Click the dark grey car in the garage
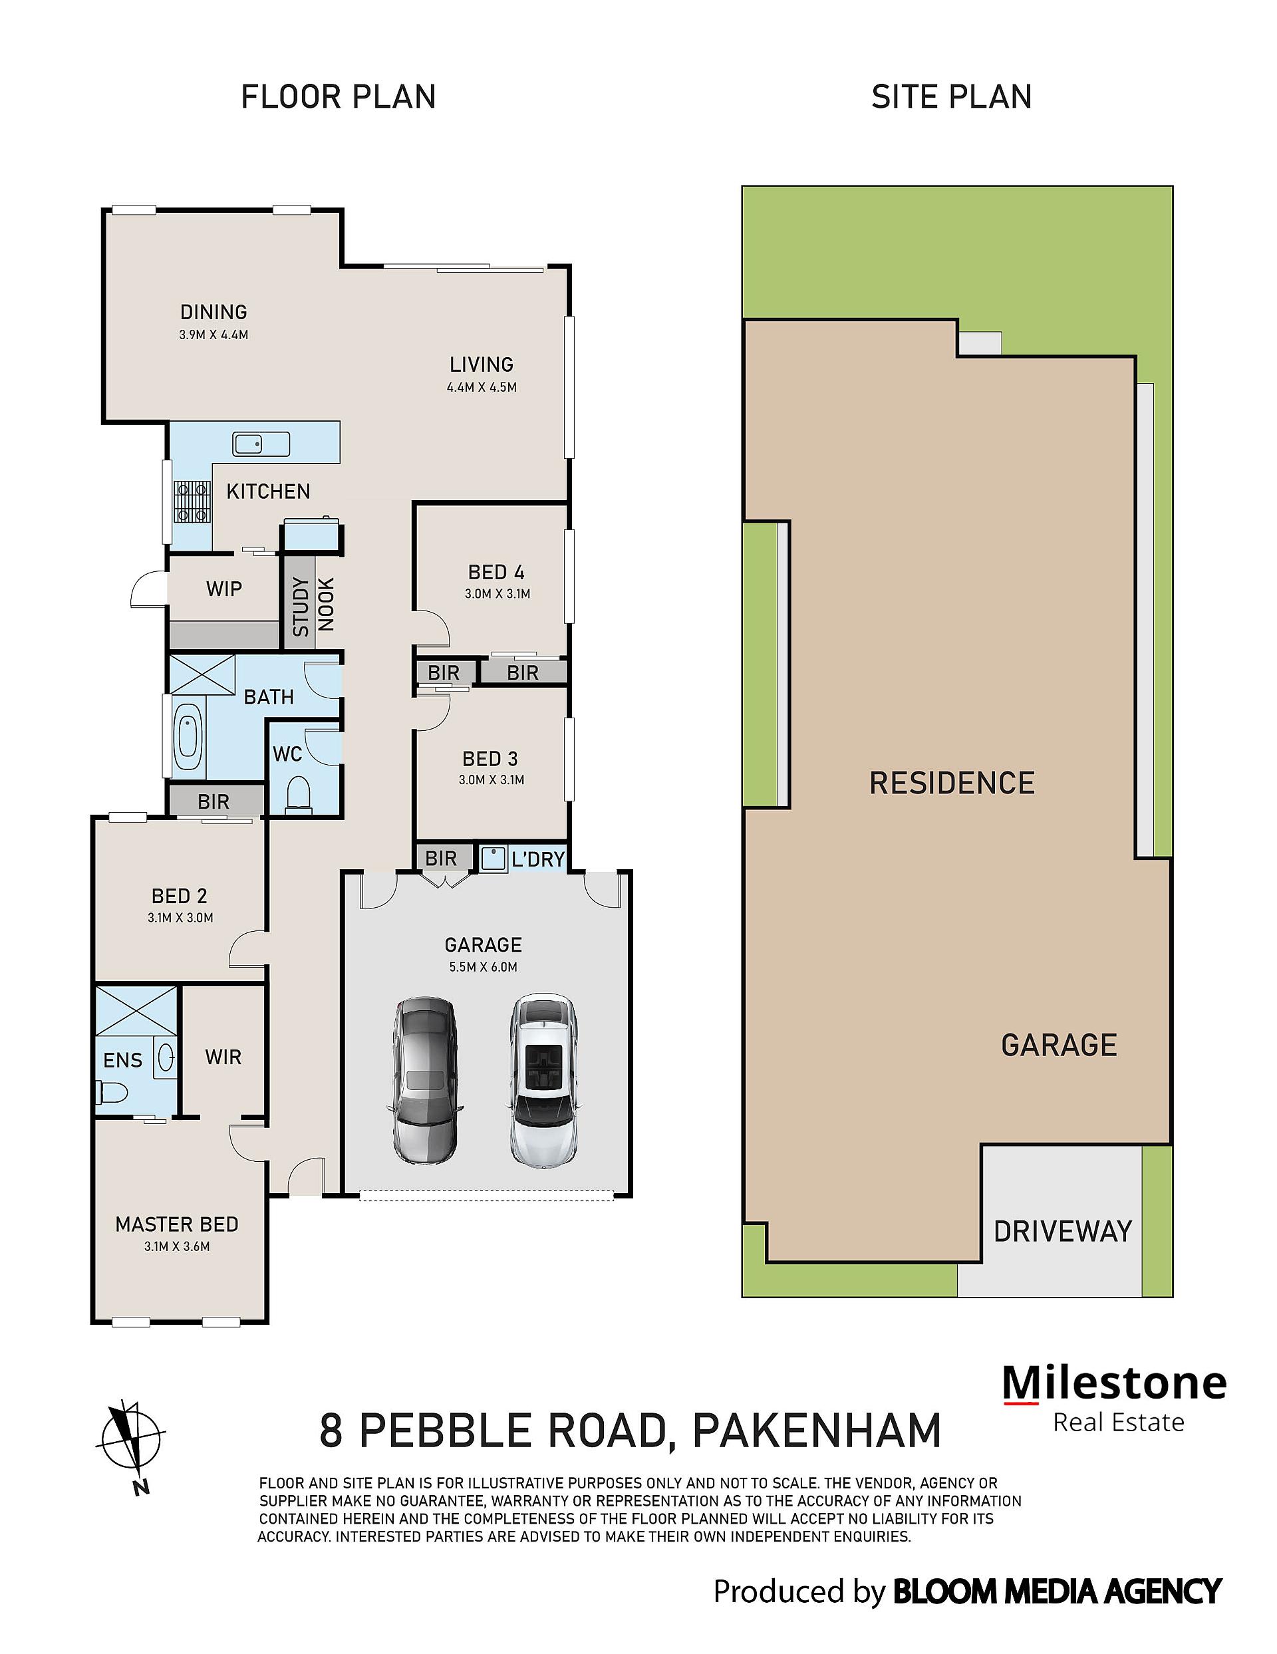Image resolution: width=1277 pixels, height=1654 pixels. tap(425, 1079)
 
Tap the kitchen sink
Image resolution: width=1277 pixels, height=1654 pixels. tap(261, 444)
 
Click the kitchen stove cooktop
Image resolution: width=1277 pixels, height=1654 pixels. tap(192, 502)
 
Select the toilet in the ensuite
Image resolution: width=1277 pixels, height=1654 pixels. tap(110, 1092)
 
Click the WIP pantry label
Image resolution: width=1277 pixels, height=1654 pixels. tap(224, 589)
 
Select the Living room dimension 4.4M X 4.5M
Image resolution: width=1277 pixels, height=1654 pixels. tap(482, 388)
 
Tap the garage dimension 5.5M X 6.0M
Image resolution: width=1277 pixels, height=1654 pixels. tap(484, 967)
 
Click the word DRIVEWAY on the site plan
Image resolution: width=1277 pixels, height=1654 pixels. tap(1063, 1232)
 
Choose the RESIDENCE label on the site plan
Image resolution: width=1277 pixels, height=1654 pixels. tap(952, 783)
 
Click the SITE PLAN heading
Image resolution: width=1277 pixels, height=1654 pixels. tap(952, 97)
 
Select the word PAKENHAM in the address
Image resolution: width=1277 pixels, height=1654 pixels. tap(817, 1431)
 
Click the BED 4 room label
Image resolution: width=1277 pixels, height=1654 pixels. tap(496, 573)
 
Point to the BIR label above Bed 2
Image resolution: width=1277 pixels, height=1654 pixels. tap(213, 801)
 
